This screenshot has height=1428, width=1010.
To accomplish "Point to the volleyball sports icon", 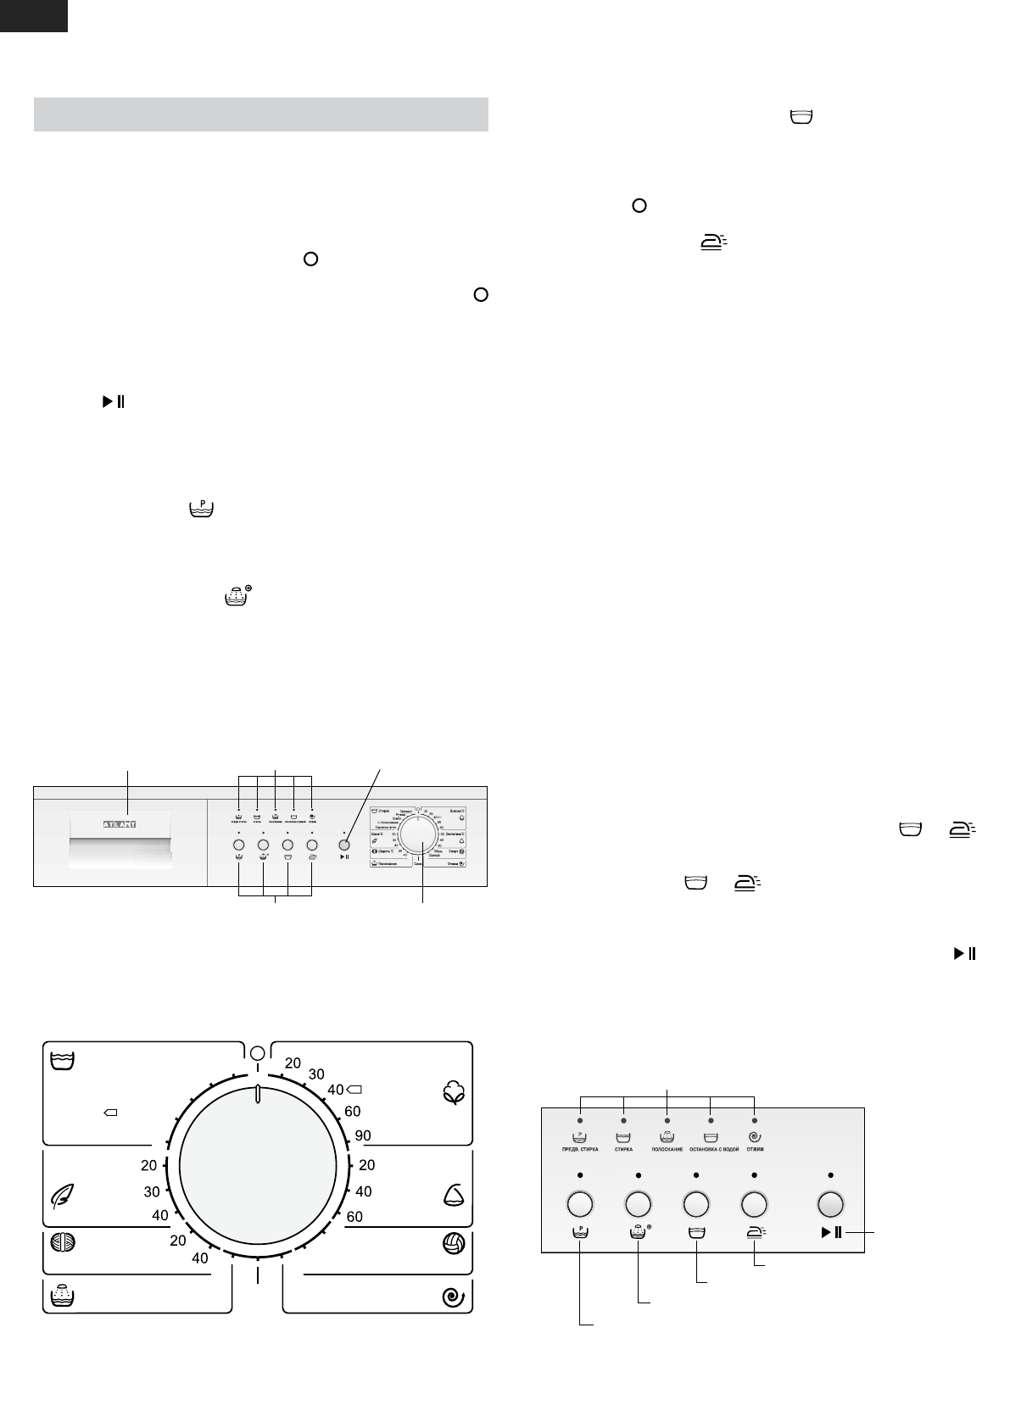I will coord(454,1244).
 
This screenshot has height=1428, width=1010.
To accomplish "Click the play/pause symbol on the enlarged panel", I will coord(830,1233).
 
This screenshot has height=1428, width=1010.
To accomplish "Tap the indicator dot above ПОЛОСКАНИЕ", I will coord(667,1121).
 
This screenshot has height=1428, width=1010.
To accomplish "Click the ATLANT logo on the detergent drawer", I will coord(120,823).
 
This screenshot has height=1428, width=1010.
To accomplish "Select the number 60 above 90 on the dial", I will coord(352,1111).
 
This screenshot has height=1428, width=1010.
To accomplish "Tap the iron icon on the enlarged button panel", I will coord(754,1234).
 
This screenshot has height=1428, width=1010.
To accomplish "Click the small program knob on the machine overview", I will coord(417,834).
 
